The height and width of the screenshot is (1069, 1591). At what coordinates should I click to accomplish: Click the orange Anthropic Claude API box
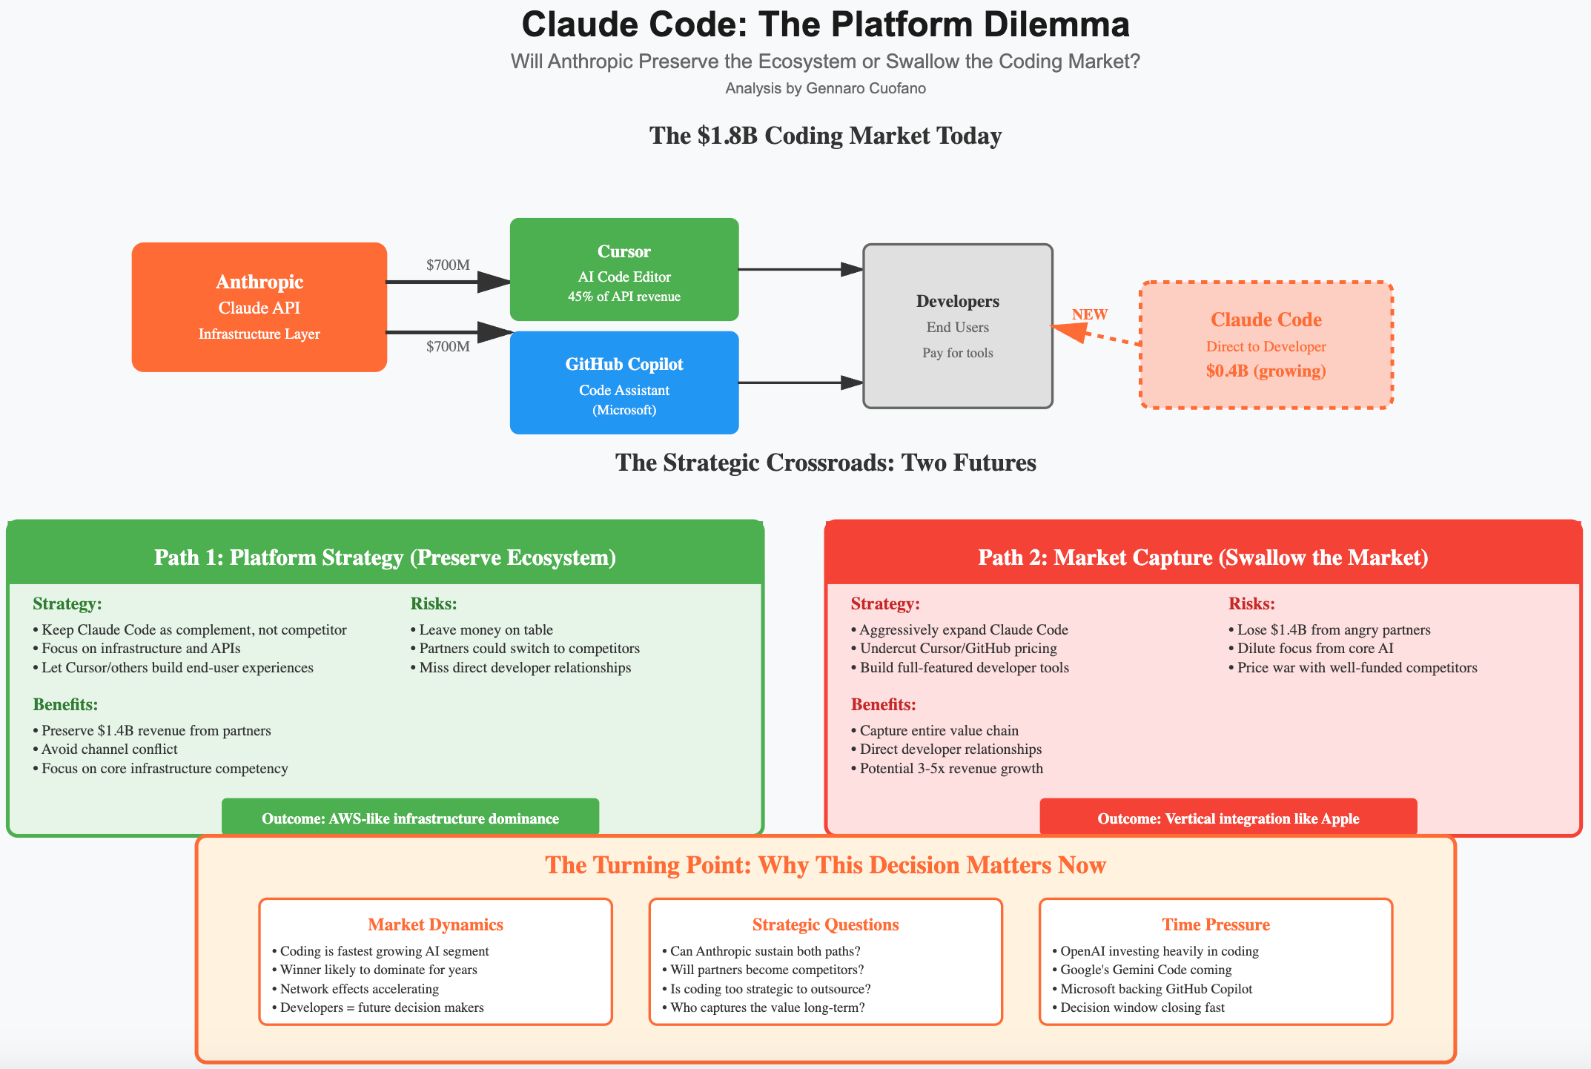point(259,307)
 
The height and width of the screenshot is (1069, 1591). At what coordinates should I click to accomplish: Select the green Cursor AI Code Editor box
point(623,269)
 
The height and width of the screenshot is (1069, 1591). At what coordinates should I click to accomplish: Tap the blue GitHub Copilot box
point(623,383)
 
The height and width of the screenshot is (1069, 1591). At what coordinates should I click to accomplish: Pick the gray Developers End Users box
point(957,326)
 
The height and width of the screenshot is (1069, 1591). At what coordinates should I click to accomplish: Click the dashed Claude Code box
point(1266,345)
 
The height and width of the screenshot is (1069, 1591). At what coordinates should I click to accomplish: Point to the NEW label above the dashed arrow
point(1089,314)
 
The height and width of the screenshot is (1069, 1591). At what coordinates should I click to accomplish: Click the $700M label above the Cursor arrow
point(448,265)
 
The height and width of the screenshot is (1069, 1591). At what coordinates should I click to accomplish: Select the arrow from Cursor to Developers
point(801,270)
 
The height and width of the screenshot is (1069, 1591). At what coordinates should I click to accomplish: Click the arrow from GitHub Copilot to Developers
point(801,383)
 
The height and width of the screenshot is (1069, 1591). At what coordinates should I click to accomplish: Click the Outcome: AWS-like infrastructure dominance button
point(410,818)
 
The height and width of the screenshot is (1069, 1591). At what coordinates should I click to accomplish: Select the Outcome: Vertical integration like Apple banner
point(1228,818)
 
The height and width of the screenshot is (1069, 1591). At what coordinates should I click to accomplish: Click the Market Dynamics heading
point(435,924)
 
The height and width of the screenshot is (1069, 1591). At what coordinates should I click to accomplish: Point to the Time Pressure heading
point(1215,924)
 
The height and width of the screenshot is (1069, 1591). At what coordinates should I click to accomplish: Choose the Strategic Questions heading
point(825,924)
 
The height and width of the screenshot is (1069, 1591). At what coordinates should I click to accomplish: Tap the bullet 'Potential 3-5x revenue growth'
point(951,768)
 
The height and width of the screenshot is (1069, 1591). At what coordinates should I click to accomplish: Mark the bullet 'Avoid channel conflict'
point(109,749)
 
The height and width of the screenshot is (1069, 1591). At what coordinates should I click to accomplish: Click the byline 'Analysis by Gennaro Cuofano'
point(825,88)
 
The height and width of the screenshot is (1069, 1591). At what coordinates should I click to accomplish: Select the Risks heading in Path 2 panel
point(1251,603)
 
